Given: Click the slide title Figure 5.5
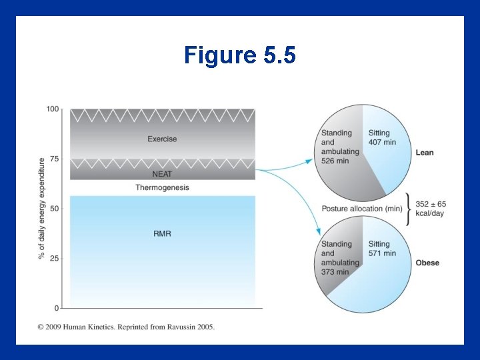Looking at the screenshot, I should point(239,55).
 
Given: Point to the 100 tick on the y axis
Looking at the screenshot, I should point(53,109).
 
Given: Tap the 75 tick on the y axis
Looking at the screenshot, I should point(54,159).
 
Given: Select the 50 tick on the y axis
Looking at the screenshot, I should point(54,209).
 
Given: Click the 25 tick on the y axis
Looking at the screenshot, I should point(54,258).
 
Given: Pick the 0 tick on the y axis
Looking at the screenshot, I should point(56,308).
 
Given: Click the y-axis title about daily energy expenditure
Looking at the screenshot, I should point(42,209).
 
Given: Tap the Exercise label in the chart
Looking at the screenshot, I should point(162,139).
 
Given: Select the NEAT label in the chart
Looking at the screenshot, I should point(162,173).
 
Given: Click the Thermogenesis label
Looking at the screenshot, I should point(162,188).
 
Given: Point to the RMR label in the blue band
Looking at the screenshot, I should point(162,234).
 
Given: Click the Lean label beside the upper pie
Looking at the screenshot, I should point(425,153).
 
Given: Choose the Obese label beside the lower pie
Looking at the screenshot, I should point(427,263).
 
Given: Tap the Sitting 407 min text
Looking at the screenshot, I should point(382,137).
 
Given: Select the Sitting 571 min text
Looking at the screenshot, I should point(382,249).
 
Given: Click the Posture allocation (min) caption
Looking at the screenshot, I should point(361,209).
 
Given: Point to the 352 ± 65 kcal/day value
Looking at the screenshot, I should point(431,209).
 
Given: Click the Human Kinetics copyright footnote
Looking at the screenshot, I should point(126,327).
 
